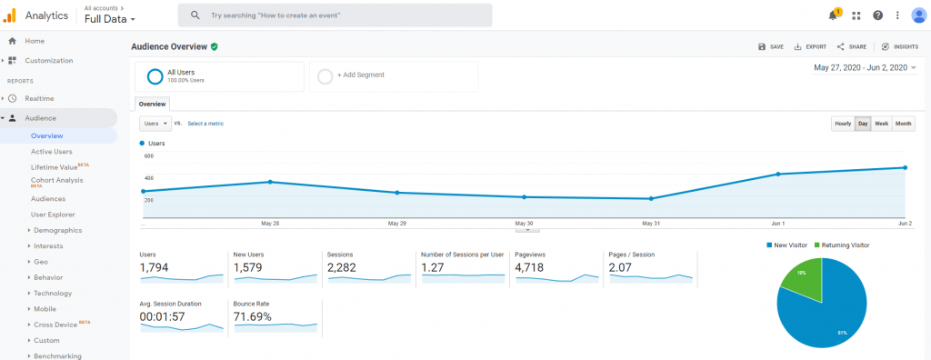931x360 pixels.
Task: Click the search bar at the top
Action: [x=336, y=15]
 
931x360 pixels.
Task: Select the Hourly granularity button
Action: [x=843, y=124]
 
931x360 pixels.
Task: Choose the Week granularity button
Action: [x=881, y=124]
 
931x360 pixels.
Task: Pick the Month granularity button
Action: [x=903, y=124]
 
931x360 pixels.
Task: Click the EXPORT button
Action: [x=810, y=46]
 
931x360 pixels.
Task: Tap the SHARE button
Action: [x=853, y=46]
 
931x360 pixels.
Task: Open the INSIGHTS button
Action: [x=899, y=46]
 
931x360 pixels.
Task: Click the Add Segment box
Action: [x=393, y=76]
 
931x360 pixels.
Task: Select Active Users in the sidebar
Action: [x=51, y=152]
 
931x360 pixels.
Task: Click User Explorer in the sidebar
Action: [x=53, y=215]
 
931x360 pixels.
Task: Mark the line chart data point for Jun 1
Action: [x=779, y=174]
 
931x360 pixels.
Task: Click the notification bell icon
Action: [x=833, y=15]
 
